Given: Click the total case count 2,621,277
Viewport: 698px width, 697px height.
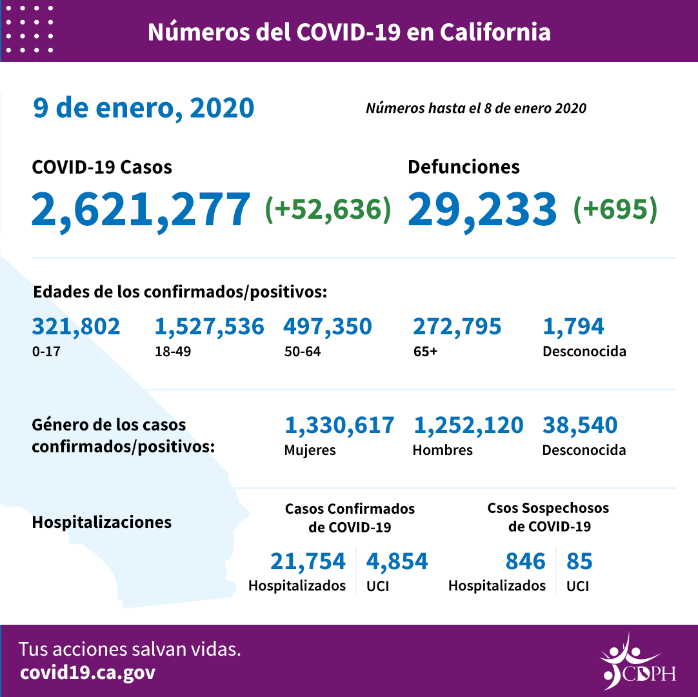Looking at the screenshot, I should click(x=141, y=210).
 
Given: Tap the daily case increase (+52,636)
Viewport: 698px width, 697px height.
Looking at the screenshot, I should click(x=328, y=210).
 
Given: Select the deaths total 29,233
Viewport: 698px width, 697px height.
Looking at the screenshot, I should click(x=482, y=210).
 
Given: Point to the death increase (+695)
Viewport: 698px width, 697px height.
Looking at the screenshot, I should click(x=615, y=210).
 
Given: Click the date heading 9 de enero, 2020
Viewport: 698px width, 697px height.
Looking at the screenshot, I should click(x=143, y=108).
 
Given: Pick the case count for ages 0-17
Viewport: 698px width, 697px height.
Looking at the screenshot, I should click(x=76, y=327).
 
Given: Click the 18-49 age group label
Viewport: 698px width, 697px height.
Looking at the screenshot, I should click(x=169, y=352).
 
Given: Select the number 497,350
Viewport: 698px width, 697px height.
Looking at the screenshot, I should click(x=327, y=327).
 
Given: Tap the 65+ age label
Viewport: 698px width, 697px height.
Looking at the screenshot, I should click(x=425, y=352).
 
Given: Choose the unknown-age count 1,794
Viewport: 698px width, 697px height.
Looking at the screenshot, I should click(x=573, y=327).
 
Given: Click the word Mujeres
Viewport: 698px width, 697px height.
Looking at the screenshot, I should click(x=310, y=450).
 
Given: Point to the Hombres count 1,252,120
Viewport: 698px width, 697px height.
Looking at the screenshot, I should click(x=468, y=425).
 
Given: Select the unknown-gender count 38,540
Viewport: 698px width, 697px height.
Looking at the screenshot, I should click(x=580, y=425).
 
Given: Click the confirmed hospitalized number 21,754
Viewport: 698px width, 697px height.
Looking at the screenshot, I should click(x=308, y=561).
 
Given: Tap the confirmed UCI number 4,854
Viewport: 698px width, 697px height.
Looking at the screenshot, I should click(x=397, y=561).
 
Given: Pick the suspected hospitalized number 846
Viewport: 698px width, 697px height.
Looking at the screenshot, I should click(x=525, y=561).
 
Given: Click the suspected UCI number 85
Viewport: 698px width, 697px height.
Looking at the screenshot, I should click(x=579, y=561).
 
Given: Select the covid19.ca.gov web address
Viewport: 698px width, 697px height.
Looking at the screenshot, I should click(x=88, y=672).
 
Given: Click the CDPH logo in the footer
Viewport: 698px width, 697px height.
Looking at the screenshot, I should click(x=637, y=662).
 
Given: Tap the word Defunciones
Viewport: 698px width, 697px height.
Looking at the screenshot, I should click(x=463, y=167).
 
